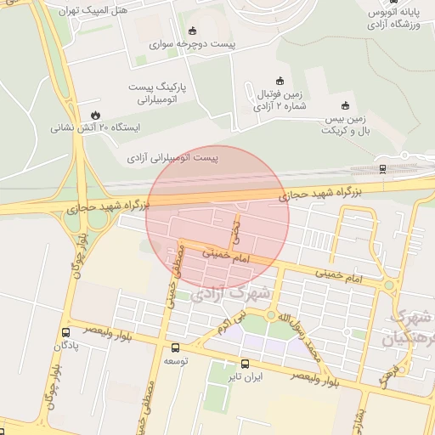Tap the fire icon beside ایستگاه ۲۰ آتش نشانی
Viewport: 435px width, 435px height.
(93, 114)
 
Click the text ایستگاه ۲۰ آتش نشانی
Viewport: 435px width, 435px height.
(96, 127)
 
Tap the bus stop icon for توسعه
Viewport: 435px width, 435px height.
(175, 347)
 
